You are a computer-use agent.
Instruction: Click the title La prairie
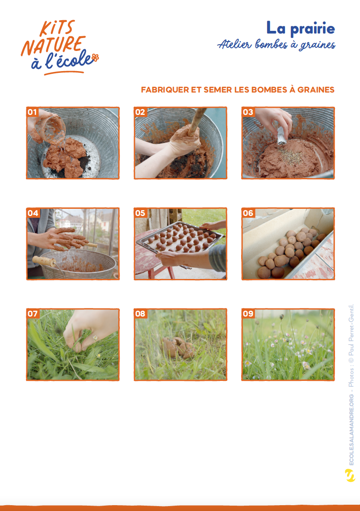click(x=301, y=28)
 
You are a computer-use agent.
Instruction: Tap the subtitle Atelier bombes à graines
click(x=276, y=45)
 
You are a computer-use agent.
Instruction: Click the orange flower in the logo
click(x=95, y=58)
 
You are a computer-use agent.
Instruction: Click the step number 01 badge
click(x=32, y=112)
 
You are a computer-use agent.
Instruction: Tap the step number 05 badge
click(x=140, y=213)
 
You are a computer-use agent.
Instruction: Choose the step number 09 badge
click(x=248, y=313)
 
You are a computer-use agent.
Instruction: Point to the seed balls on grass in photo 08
click(x=179, y=347)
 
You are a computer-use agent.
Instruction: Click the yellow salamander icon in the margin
click(x=350, y=476)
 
